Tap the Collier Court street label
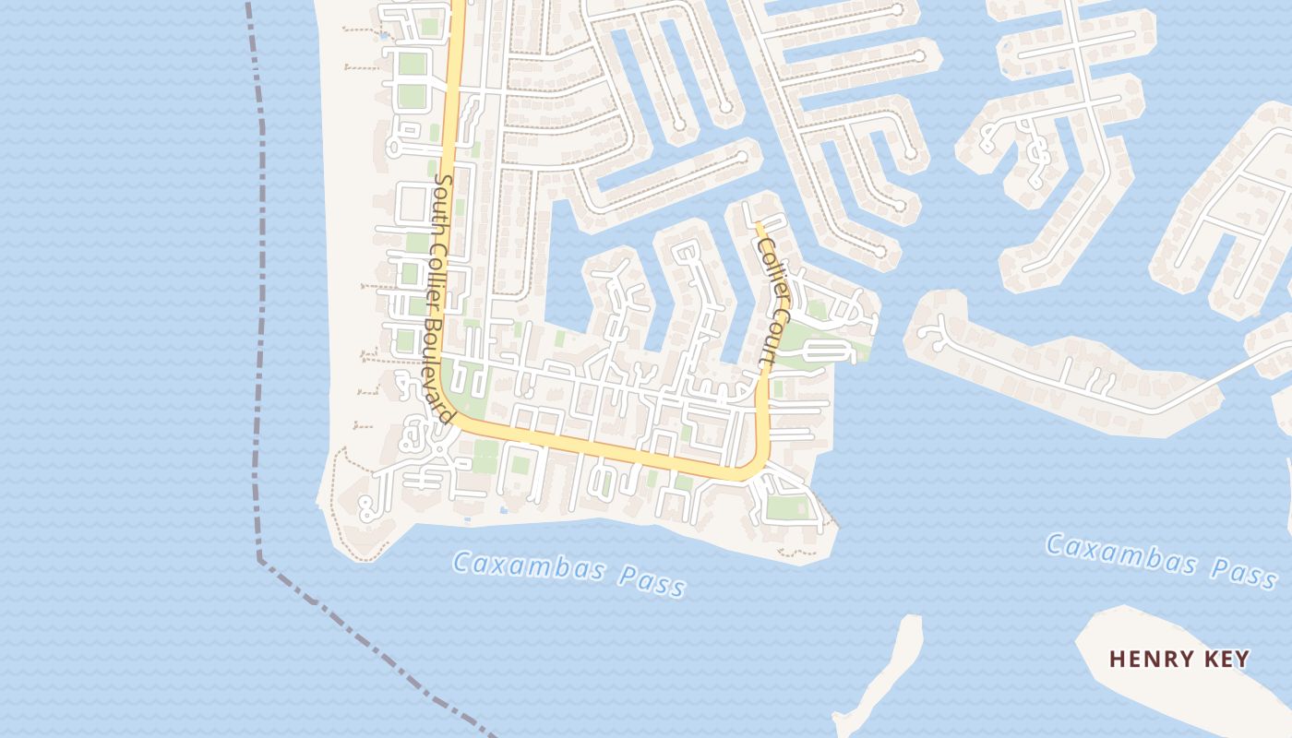point(772,299)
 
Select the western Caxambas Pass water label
point(569,573)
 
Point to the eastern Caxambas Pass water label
point(1162,559)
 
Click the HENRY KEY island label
point(1179,659)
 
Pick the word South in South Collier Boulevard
point(443,196)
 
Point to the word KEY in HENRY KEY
point(1225,659)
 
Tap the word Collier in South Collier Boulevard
point(438,273)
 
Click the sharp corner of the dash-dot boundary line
point(260,557)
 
